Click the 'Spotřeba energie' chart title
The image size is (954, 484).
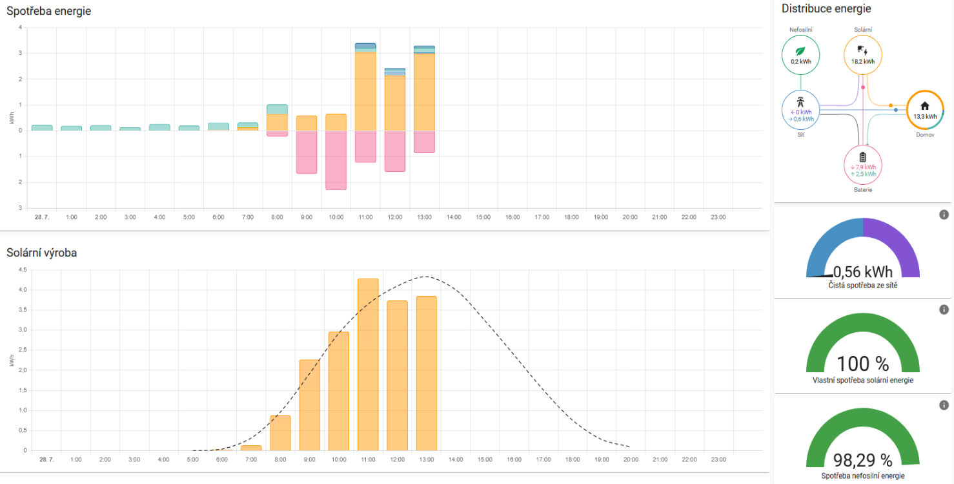48,11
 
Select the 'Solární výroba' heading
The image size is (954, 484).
41,253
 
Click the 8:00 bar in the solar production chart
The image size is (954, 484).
280,432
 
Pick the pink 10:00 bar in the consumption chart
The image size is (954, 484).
336,160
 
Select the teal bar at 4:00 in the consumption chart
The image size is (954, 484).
159,127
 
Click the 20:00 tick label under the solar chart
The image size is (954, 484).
631,459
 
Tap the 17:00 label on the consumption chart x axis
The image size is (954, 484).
542,217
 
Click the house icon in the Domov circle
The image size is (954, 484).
924,106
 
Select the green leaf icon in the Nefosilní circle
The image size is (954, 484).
800,50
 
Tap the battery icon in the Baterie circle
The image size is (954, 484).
863,156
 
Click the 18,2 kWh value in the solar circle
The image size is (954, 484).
863,61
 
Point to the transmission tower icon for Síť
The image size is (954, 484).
800,101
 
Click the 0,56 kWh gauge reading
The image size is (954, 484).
863,272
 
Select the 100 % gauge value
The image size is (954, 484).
862,364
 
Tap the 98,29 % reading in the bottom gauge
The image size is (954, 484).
862,460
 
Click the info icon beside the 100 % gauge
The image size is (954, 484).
944,310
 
